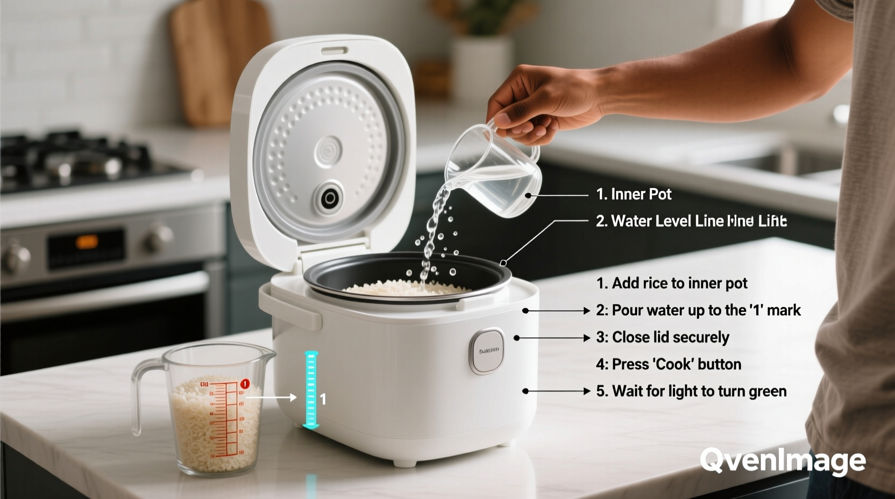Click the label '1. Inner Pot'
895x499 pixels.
[x=634, y=194]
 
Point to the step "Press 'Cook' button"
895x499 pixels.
[x=669, y=364]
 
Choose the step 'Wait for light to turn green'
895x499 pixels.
[x=691, y=391]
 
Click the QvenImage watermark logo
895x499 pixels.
[x=782, y=461]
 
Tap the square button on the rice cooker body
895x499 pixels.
[x=487, y=351]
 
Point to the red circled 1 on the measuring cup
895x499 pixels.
[x=245, y=384]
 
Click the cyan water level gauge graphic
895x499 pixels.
[x=311, y=389]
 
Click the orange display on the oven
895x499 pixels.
[x=87, y=243]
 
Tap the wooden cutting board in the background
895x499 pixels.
[x=215, y=59]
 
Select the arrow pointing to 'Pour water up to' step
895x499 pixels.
[x=557, y=311]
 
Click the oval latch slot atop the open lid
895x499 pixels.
[x=334, y=51]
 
